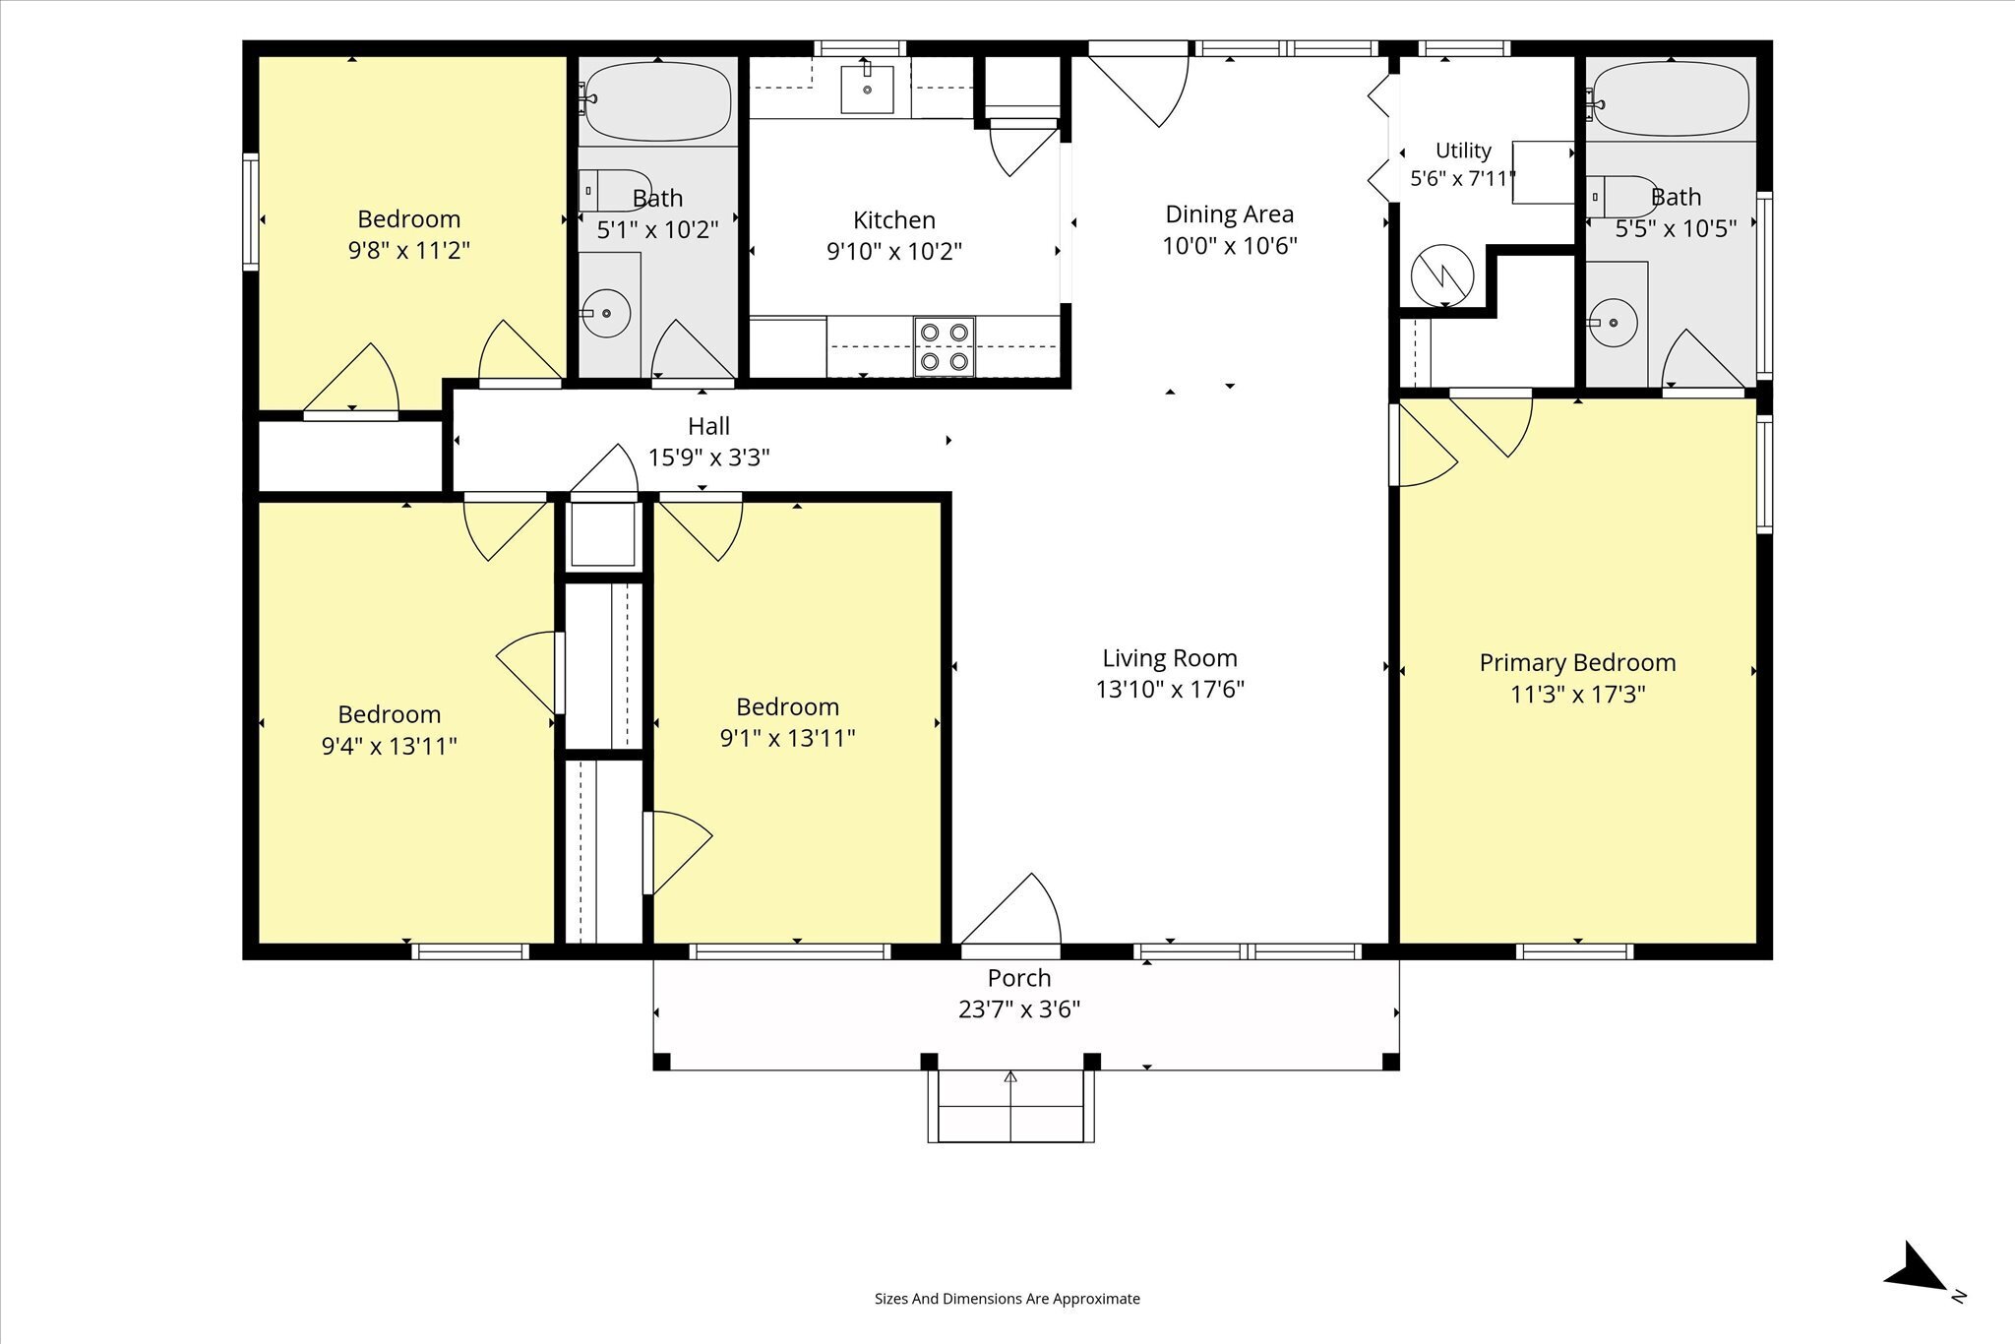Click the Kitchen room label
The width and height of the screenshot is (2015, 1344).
coord(893,219)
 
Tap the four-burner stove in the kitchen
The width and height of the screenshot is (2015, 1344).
coord(945,346)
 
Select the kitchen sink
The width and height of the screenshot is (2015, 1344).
coord(867,90)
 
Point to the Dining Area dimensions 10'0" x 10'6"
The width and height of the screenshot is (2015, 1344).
coord(1230,245)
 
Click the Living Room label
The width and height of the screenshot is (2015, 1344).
coord(1170,657)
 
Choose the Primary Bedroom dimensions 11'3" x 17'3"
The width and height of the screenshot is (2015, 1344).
coord(1577,694)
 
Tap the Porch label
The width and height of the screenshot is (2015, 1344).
coord(1019,978)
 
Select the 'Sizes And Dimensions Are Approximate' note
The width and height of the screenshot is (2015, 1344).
coord(1007,1299)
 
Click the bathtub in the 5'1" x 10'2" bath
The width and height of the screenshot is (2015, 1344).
coord(657,102)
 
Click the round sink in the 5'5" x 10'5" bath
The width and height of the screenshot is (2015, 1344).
coord(1613,322)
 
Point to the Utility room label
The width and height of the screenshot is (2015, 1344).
coord(1463,151)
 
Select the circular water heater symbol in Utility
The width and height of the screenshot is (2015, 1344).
coord(1442,275)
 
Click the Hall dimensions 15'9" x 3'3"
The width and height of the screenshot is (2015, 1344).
coord(708,458)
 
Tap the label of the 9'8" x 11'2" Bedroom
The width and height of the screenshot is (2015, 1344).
coord(408,218)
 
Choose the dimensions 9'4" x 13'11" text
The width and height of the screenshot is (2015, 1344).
coord(390,746)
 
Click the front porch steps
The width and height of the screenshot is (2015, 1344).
coord(1010,1106)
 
